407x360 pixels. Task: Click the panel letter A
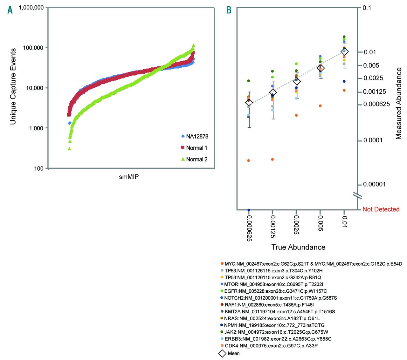[x=10, y=10]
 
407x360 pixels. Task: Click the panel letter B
[x=229, y=10]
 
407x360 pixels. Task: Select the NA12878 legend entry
[x=195, y=136]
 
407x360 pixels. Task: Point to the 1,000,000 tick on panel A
[x=31, y=7]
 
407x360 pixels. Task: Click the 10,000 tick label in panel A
[x=35, y=88]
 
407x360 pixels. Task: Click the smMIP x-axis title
[x=129, y=177]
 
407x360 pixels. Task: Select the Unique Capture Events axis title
[x=13, y=86]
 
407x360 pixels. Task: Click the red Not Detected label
[x=381, y=209]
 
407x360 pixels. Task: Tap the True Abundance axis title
[x=298, y=247]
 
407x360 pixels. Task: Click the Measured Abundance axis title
[x=398, y=103]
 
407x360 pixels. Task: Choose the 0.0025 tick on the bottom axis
[x=296, y=225]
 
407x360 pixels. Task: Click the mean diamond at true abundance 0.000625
[x=249, y=102]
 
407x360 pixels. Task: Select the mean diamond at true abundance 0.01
[x=344, y=51]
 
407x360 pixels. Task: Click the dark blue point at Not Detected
[x=249, y=210]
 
